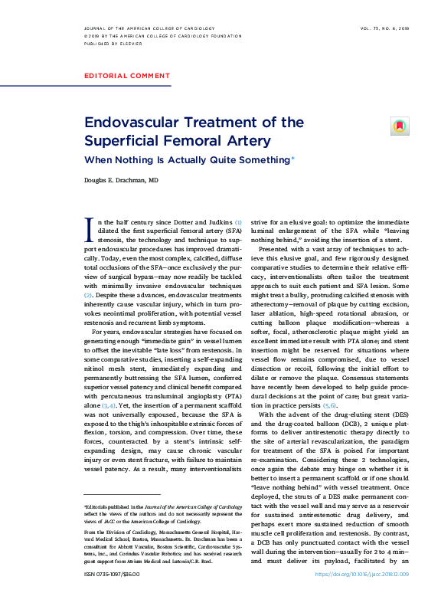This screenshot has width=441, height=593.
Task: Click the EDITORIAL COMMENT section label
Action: tap(127, 76)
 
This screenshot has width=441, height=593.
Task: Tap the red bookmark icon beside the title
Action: tap(399, 125)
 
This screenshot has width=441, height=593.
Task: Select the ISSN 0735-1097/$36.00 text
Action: tap(113, 573)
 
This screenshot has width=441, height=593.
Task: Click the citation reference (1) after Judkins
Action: tap(238, 221)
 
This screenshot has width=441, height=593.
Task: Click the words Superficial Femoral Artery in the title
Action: tap(177, 141)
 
